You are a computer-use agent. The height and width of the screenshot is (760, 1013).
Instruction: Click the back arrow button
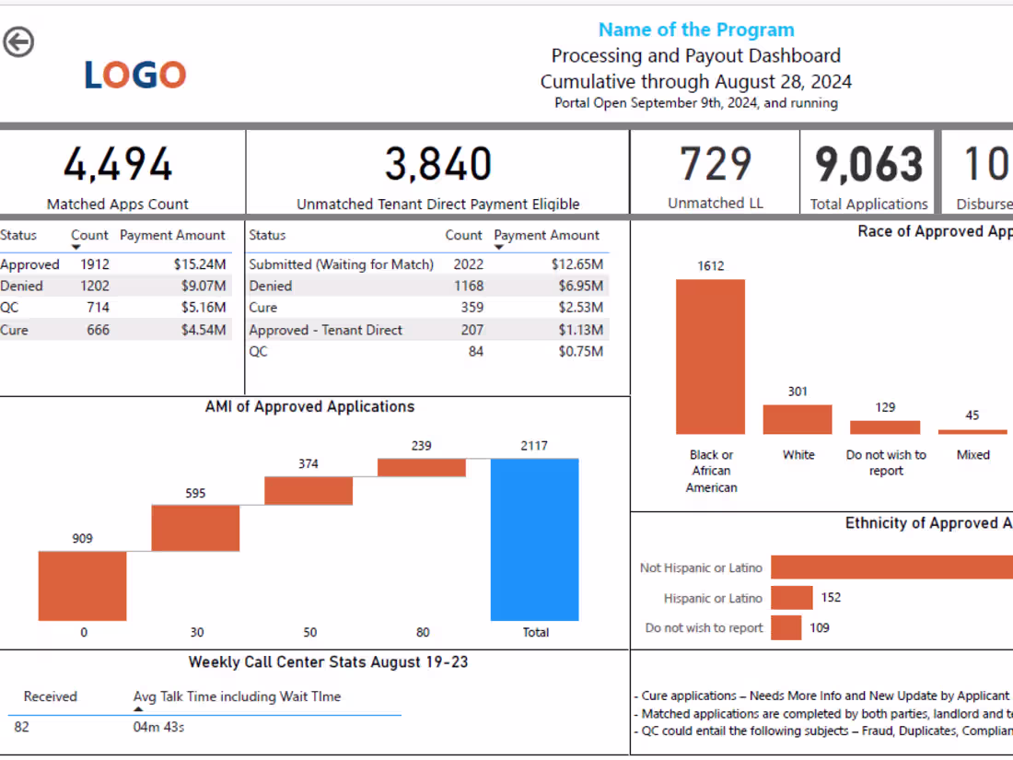pos(18,41)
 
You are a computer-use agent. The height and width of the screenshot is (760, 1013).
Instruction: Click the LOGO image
pos(135,75)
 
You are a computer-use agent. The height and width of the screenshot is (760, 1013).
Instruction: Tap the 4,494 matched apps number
pos(117,165)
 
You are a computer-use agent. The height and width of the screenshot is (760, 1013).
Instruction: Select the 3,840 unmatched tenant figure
pos(437,165)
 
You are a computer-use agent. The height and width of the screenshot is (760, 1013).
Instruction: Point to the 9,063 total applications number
pos(868,165)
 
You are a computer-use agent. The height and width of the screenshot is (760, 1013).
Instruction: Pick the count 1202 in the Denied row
pos(94,286)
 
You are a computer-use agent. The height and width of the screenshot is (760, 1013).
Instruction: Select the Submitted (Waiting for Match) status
pos(341,264)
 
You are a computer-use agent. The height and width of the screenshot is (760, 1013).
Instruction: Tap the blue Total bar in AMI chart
pos(535,540)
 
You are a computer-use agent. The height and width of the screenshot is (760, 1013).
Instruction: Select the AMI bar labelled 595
pos(195,528)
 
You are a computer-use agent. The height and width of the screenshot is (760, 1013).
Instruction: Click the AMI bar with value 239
pos(422,467)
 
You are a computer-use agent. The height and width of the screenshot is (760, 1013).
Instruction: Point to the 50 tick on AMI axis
pos(310,633)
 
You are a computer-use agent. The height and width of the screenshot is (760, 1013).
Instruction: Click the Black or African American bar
pos(710,357)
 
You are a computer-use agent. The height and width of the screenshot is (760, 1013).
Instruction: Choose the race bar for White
pos(798,419)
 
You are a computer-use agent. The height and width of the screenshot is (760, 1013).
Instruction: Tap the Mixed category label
pos(972,454)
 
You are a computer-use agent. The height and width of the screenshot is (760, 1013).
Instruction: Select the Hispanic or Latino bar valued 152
pos(792,598)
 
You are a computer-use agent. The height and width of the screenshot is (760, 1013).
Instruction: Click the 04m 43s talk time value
pos(158,728)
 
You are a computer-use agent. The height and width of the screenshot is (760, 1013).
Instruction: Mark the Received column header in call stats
pos(51,696)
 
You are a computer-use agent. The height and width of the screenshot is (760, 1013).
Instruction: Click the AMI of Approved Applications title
pos(309,406)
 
